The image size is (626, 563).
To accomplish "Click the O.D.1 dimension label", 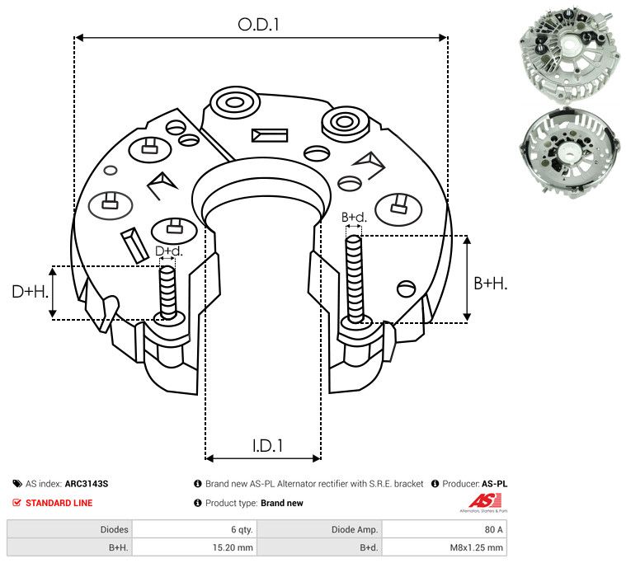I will point(259,24).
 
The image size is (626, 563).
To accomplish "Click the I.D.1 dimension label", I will point(267,446).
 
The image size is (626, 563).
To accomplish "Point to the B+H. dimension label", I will point(490,283).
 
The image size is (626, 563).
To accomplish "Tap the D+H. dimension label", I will point(31,292).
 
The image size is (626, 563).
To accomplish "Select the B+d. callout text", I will point(354,218).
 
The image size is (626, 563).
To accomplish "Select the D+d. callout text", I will point(168,251).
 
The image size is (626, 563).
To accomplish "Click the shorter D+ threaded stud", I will point(168,292).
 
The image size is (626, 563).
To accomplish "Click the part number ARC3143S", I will point(87,484).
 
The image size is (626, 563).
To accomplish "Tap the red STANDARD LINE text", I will point(59,503).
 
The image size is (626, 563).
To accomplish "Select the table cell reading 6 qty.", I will point(242,529).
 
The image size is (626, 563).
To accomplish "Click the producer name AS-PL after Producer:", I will point(494,484).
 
